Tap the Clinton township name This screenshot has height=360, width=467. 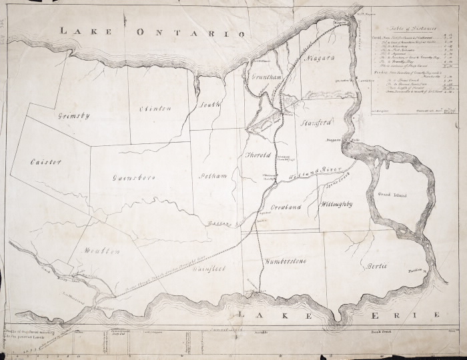coord(155,108)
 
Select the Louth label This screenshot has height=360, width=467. coord(209,105)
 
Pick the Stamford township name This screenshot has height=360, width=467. coord(316,124)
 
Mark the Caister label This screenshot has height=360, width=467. coord(46,162)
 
